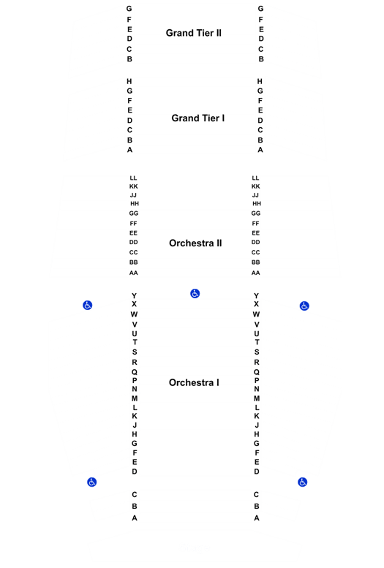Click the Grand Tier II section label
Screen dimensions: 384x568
click(x=193, y=33)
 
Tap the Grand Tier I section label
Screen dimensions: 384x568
click(x=198, y=118)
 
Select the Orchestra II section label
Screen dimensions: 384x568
click(x=195, y=243)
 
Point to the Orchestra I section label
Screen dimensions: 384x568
click(x=194, y=382)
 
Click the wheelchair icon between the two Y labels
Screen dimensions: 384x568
click(x=195, y=293)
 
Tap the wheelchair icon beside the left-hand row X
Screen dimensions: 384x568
click(x=87, y=306)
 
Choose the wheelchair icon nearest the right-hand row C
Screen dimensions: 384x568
click(x=302, y=482)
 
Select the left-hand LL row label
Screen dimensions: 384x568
click(x=133, y=178)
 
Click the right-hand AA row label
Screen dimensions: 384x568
click(x=256, y=273)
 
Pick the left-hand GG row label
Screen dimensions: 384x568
click(x=134, y=213)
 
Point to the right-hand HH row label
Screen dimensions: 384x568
click(x=257, y=203)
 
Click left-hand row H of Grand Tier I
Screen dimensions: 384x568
click(x=129, y=81)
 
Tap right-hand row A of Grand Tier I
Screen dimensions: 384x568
click(x=260, y=150)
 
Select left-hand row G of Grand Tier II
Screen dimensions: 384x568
click(x=129, y=8)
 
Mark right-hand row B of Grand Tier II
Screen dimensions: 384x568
click(x=261, y=59)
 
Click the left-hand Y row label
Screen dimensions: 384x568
click(x=134, y=295)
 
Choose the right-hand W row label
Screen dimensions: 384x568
click(x=256, y=314)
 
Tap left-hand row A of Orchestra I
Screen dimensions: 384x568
click(x=135, y=518)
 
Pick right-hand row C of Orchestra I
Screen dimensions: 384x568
click(x=256, y=494)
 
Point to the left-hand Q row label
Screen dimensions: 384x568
click(x=135, y=372)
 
